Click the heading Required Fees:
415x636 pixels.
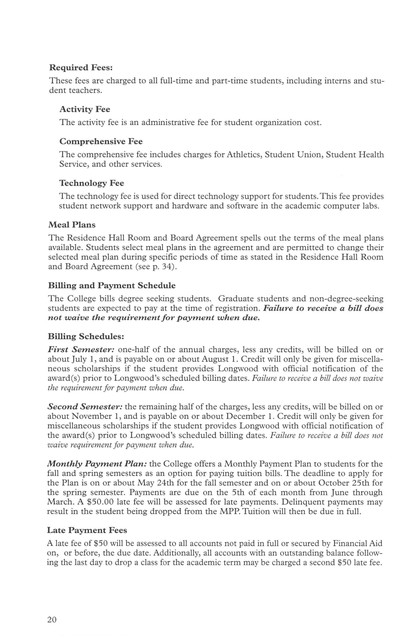(81, 68)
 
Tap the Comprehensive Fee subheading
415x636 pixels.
(101, 141)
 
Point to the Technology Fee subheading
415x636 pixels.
(91, 183)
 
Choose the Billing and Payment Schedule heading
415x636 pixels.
(112, 286)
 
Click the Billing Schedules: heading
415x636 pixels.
(86, 336)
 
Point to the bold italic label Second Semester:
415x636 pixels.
(85, 407)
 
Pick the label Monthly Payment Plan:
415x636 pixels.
(97, 464)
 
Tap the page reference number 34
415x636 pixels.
(168, 267)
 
